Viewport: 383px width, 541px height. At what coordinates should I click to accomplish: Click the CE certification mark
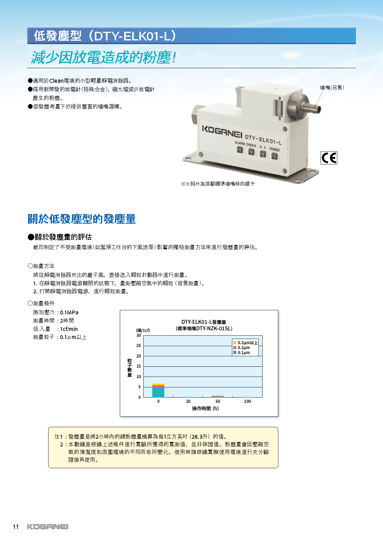point(329,158)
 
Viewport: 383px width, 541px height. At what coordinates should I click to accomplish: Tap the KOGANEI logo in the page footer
point(48,527)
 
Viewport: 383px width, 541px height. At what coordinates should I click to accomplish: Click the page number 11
point(16,527)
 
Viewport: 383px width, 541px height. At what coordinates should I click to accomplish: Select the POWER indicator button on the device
point(274,156)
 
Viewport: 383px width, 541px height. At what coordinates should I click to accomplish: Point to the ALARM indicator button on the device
point(240,150)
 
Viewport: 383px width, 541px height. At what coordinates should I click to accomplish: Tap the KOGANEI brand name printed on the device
point(222,131)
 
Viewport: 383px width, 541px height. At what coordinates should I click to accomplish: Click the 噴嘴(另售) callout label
point(332,88)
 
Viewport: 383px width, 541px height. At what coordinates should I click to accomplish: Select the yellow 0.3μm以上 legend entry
point(246,343)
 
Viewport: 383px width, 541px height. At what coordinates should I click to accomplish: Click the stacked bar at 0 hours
point(158,390)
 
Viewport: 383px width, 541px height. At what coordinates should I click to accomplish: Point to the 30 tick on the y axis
point(139,335)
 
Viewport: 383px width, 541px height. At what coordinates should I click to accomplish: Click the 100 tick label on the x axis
point(247,401)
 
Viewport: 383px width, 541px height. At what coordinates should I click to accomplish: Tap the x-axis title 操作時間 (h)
point(205,408)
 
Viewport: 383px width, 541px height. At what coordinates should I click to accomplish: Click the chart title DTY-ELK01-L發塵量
point(204,322)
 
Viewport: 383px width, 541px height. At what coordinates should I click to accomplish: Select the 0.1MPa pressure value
point(69,312)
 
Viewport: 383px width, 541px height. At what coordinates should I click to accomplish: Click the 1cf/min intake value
point(69,329)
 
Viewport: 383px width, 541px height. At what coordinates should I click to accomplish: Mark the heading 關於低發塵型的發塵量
point(82,219)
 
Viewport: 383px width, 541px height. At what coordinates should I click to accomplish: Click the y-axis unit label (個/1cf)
point(143,330)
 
